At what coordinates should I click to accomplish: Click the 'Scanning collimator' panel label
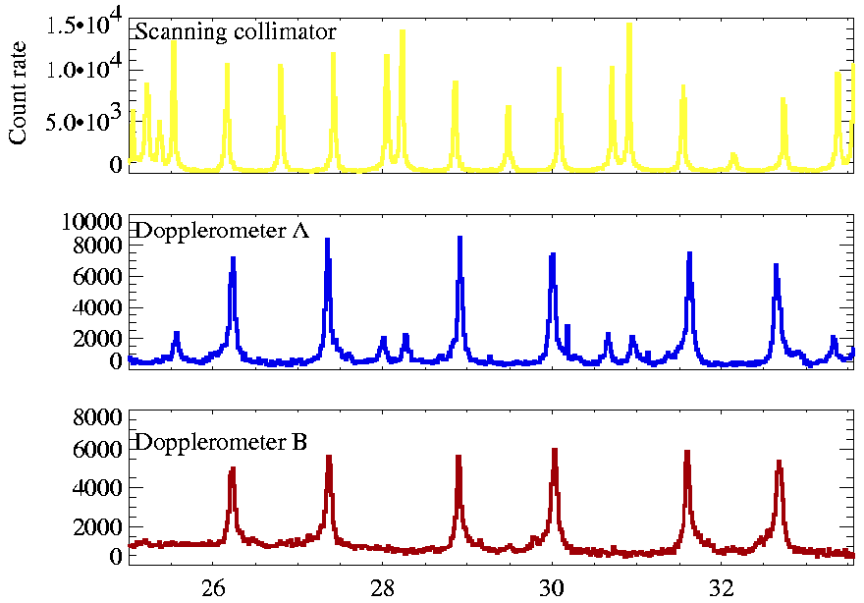(x=236, y=31)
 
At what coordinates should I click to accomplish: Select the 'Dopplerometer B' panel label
(x=221, y=442)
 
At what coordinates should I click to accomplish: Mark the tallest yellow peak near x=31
(x=629, y=25)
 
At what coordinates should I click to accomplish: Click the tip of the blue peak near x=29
(x=459, y=238)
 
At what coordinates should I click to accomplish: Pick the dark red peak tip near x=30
(x=555, y=450)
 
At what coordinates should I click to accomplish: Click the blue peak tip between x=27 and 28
(x=328, y=240)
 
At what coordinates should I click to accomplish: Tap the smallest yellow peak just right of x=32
(x=732, y=154)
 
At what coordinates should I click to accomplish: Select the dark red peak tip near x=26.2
(x=233, y=468)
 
